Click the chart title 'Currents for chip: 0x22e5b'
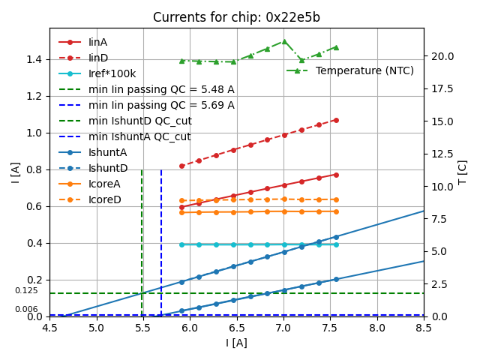coord(236,17)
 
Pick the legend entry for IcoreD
coord(104,199)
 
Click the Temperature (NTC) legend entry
coord(364,70)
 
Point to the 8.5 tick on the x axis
coord(424,328)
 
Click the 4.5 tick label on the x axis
coord(49,328)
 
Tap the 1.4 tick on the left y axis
coord(34,59)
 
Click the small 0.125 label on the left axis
coord(26,290)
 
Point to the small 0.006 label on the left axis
coord(26,309)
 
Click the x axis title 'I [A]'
coord(236,343)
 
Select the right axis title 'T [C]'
coord(463,172)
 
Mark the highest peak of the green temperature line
coord(284,41)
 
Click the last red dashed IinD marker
coord(335,119)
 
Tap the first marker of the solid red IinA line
coord(181,207)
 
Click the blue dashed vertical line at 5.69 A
coord(161,240)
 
